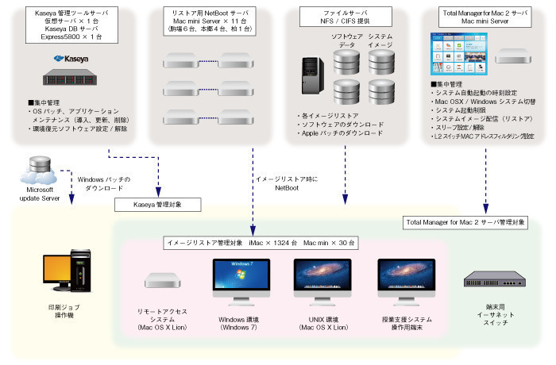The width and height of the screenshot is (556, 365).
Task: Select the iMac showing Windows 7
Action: pyautogui.click(x=241, y=283)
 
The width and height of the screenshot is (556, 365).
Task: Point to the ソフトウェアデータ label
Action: pyautogui.click(x=346, y=41)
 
